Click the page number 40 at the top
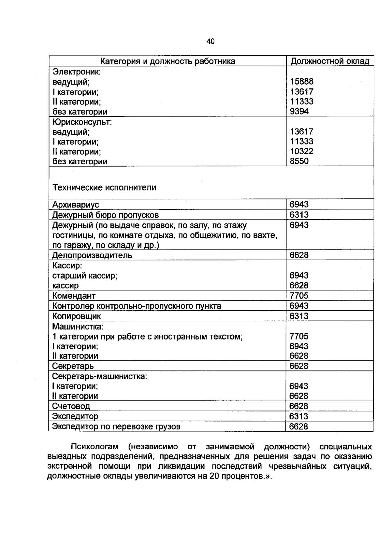210,41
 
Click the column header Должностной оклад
330,61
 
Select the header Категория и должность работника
167,61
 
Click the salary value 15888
301,82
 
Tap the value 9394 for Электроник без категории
299,112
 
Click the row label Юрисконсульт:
82,122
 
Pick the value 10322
301,151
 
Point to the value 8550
299,161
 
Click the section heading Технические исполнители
104,187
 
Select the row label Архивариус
76,205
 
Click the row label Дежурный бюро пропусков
106,215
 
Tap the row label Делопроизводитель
92,255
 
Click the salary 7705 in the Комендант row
299,296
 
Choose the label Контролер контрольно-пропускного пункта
137,306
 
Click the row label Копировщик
77,316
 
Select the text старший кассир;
85,276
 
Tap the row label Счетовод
71,406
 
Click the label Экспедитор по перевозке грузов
116,426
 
